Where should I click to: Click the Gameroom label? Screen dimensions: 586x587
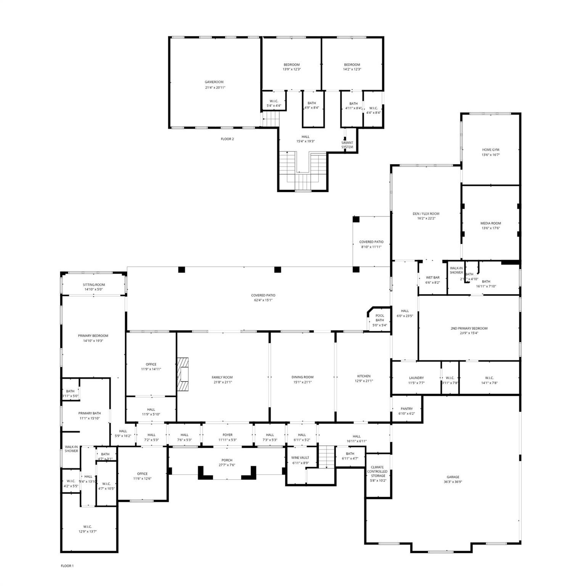pyautogui.click(x=214, y=82)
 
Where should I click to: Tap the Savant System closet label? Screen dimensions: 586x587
pyautogui.click(x=347, y=145)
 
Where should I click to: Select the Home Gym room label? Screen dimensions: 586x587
pyautogui.click(x=491, y=150)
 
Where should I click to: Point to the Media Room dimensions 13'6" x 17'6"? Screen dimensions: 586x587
pyautogui.click(x=491, y=229)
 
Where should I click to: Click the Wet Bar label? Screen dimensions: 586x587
pyautogui.click(x=433, y=278)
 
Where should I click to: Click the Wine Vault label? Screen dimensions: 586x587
pyautogui.click(x=300, y=458)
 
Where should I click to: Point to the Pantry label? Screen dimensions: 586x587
pyautogui.click(x=407, y=409)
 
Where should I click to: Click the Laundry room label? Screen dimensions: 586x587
pyautogui.click(x=416, y=378)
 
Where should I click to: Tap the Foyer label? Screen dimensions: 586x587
pyautogui.click(x=227, y=435)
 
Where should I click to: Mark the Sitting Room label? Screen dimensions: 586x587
pyautogui.click(x=94, y=285)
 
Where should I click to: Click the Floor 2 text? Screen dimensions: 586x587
pyautogui.click(x=227, y=139)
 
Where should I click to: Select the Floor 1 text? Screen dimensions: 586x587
pyautogui.click(x=67, y=566)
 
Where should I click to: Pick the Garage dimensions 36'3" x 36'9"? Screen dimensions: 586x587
pyautogui.click(x=453, y=482)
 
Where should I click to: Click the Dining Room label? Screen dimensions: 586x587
pyautogui.click(x=302, y=377)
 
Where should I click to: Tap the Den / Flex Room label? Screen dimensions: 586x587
pyautogui.click(x=426, y=214)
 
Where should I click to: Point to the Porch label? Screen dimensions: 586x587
pyautogui.click(x=227, y=460)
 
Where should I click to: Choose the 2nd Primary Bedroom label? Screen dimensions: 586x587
pyautogui.click(x=469, y=328)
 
